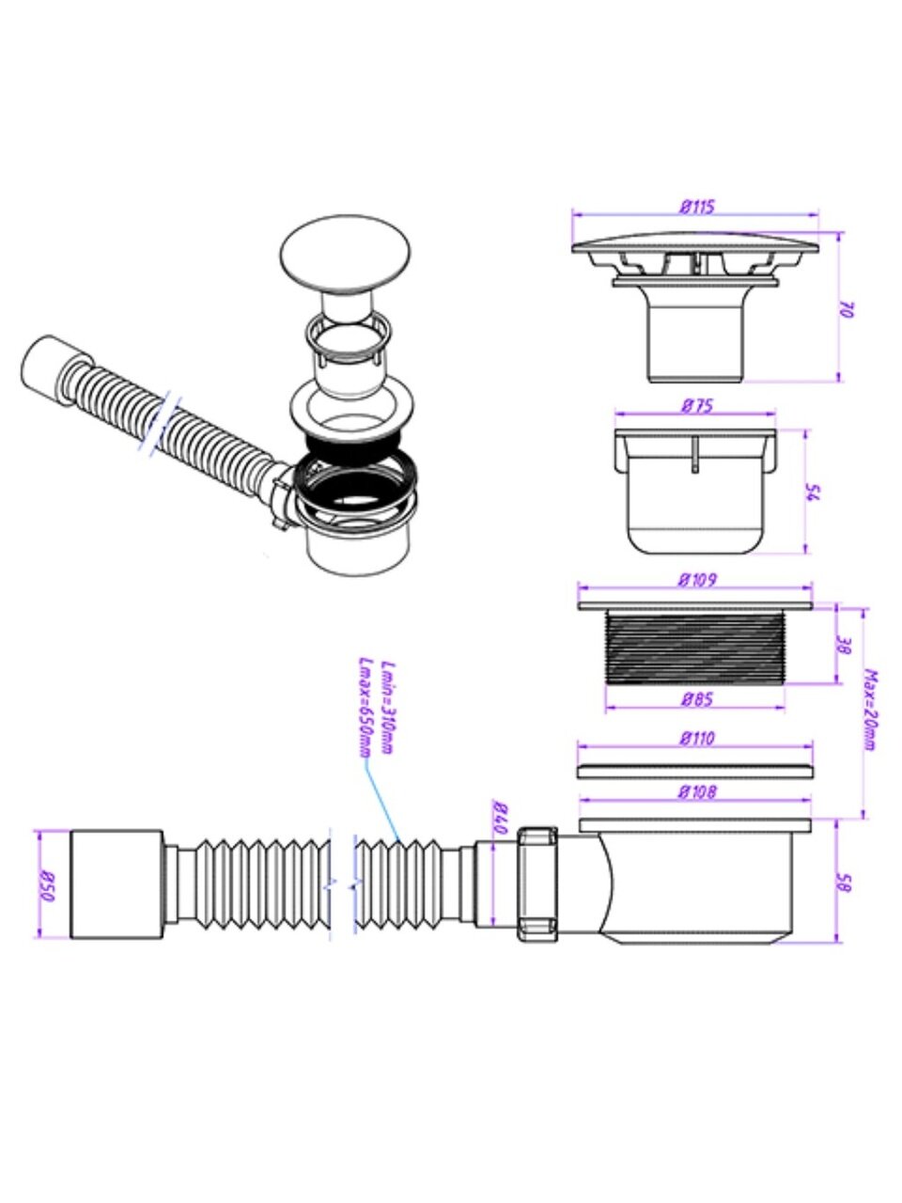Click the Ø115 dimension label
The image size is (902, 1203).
click(695, 206)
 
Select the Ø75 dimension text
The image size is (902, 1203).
click(695, 406)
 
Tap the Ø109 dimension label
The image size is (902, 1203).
click(695, 580)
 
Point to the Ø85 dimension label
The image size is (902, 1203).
click(695, 698)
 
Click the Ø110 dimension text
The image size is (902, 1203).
click(695, 739)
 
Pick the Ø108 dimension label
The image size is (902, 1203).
click(695, 792)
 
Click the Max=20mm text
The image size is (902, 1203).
click(870, 710)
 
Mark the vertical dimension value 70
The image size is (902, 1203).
click(845, 309)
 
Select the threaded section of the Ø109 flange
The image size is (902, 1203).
click(695, 645)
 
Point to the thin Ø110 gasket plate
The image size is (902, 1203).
click(695, 771)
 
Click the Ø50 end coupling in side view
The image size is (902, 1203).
click(117, 884)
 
